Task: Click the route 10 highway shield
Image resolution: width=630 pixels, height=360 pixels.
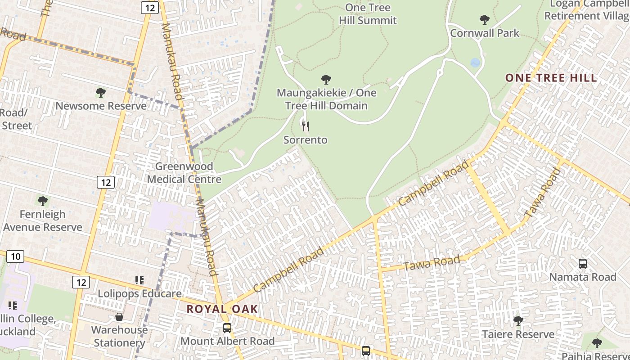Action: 15,256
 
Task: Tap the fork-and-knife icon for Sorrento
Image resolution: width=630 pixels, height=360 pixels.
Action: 306,126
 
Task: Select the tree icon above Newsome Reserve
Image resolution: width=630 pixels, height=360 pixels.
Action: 101,93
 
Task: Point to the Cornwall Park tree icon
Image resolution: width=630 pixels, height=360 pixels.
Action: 484,19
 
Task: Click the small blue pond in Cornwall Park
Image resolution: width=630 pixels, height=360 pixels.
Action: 475,63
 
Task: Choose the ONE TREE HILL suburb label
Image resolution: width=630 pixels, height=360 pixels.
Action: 551,78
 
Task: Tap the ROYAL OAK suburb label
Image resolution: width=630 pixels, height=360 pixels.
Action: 222,309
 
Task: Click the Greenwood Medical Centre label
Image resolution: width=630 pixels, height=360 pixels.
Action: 184,173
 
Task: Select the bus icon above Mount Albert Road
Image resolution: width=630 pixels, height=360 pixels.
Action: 227,328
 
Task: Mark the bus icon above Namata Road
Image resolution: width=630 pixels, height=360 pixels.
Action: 583,264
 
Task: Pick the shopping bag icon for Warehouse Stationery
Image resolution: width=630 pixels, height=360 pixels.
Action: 119,317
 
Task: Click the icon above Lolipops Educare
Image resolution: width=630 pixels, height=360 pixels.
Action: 139,280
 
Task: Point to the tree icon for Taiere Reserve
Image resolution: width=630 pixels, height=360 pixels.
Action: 518,321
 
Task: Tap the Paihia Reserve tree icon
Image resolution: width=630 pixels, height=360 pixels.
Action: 597,343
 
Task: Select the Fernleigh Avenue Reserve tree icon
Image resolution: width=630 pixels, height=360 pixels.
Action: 43,201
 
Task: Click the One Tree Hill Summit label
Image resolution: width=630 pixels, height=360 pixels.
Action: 368,14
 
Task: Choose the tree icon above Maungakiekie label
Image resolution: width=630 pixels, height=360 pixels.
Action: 326,80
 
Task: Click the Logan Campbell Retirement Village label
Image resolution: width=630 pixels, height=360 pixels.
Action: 586,10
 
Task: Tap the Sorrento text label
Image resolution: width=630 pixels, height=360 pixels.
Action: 306,140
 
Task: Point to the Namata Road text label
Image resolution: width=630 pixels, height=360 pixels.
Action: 583,277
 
